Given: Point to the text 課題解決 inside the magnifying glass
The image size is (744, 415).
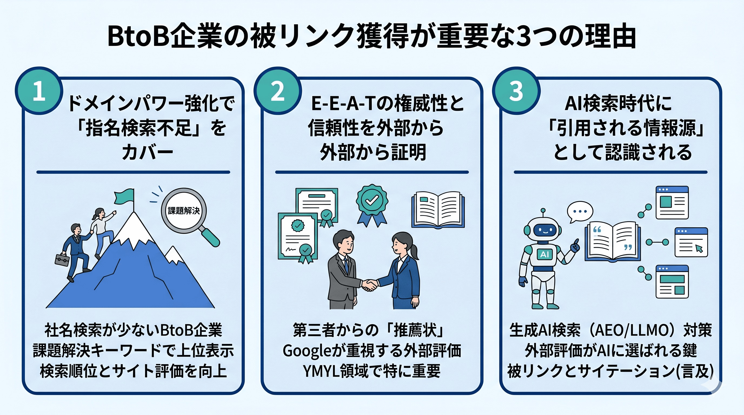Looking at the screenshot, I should [184, 211].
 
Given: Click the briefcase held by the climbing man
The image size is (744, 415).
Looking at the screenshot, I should [62, 259].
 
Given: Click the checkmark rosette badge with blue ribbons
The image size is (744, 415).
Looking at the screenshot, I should [372, 203].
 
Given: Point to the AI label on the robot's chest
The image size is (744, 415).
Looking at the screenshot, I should [544, 254].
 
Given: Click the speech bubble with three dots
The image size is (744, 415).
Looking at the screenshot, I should [580, 211].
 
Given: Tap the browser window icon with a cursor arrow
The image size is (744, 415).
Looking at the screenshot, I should [691, 242].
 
